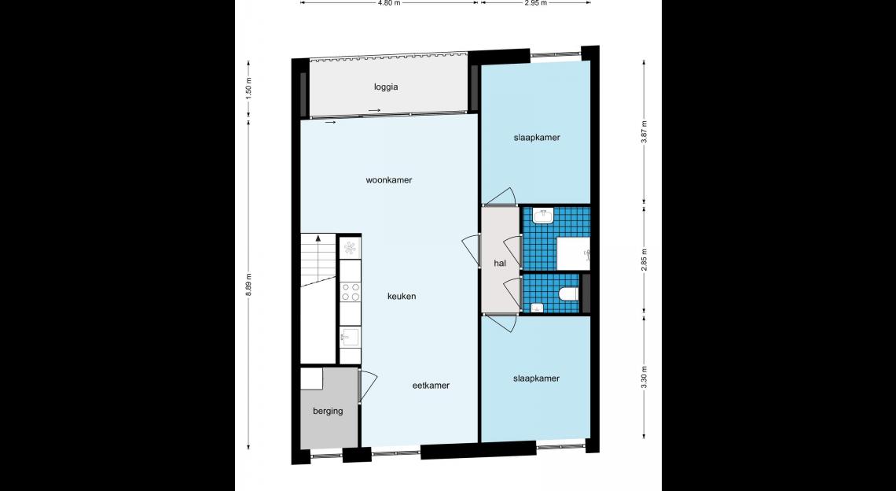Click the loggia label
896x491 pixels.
pos(386,87)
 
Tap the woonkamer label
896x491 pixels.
pos(388,179)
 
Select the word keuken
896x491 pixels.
pos(402,296)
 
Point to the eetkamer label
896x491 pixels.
pos(431,385)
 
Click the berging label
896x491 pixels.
pos(328,411)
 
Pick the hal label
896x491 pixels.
pos(500,264)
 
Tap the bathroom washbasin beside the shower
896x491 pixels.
pos(542,216)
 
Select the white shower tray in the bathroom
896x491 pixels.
pos(573,253)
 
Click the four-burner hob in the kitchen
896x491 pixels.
pos(351,291)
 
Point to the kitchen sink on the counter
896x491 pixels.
pos(350,338)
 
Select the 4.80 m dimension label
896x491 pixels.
pos(388,3)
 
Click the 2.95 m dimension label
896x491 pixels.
pos(535,3)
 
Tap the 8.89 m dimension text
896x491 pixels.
pos(248,285)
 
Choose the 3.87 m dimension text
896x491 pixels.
pos(644,133)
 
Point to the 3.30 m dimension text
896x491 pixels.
pos(644,377)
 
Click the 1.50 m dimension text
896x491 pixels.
pos(248,89)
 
